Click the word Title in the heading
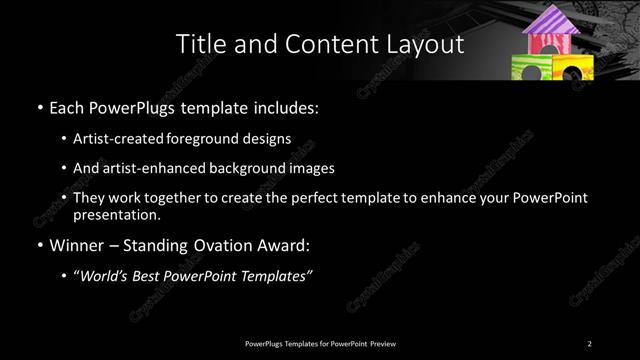[x=198, y=45]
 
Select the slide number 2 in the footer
[x=591, y=343]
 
